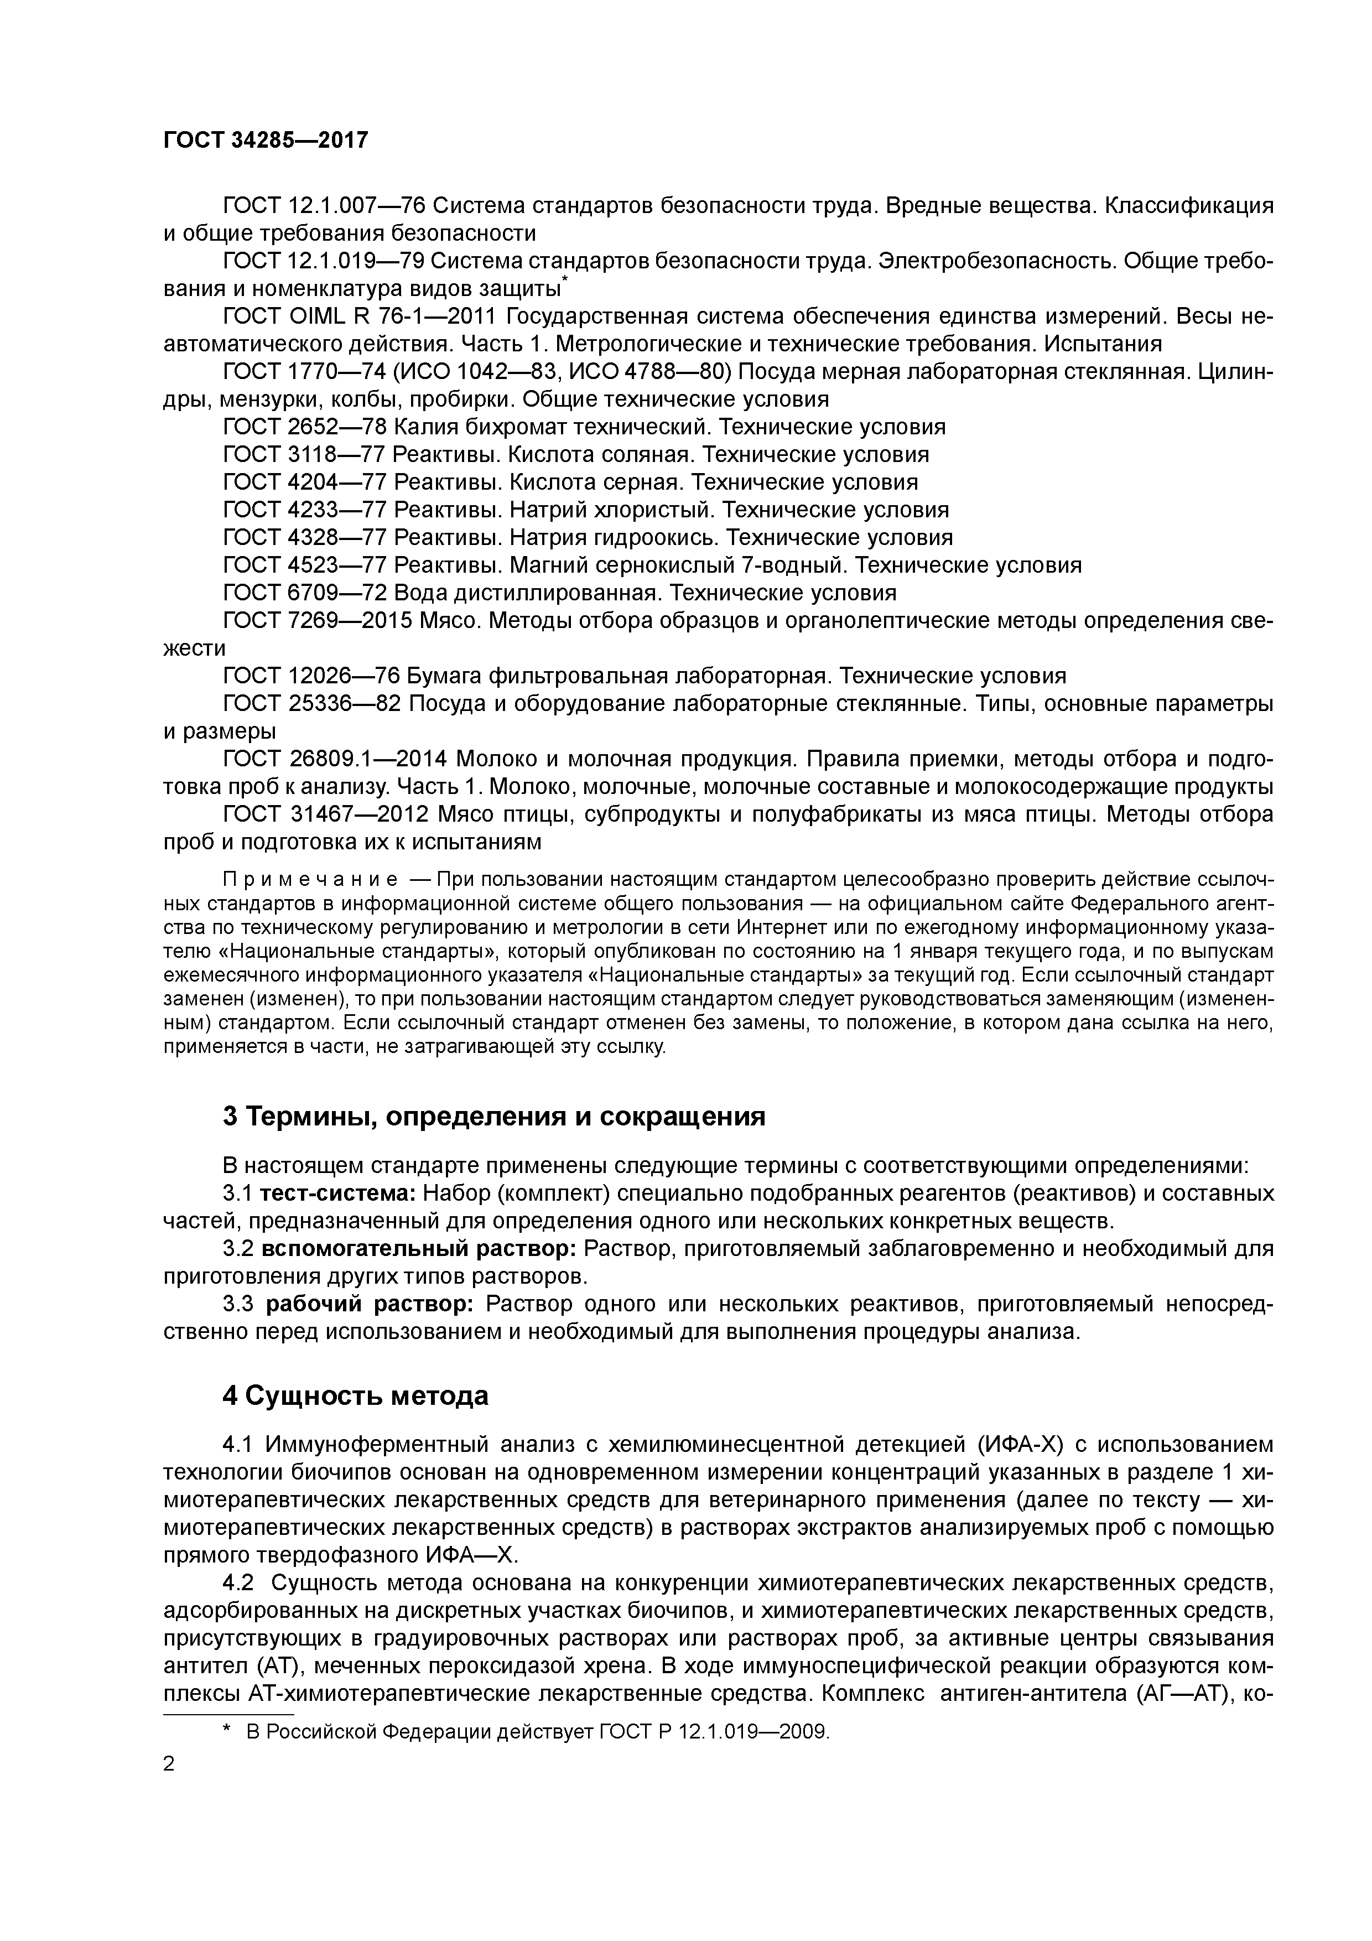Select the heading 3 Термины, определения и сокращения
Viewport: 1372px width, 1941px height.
click(493, 1117)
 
